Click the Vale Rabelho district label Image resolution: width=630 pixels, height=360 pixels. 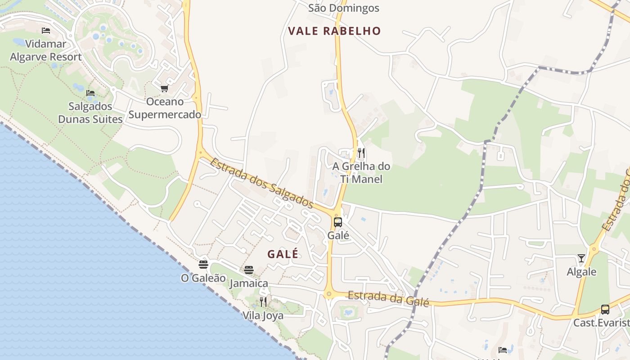334,31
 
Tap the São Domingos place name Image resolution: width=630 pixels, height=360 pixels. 344,8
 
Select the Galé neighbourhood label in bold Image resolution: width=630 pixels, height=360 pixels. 283,254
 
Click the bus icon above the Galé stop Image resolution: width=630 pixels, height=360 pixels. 338,222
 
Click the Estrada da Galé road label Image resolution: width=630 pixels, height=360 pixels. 388,299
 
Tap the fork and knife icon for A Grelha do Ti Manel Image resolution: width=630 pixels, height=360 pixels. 361,153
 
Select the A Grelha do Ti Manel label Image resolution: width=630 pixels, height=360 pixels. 361,173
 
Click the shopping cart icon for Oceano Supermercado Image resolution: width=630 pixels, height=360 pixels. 164,88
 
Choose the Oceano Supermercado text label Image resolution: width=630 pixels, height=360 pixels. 165,108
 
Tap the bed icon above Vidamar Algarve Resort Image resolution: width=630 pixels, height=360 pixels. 46,31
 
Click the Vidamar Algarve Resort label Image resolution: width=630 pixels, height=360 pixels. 46,50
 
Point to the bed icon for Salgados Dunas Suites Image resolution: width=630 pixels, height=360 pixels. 90,93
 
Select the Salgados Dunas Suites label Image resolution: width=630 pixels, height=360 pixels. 90,113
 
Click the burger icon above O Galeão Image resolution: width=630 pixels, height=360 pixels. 203,264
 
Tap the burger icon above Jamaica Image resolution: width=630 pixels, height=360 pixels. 249,270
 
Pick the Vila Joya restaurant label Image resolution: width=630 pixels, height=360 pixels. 263,315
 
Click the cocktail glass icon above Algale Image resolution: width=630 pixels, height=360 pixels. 581,258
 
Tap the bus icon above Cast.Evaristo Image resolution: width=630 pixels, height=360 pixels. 605,310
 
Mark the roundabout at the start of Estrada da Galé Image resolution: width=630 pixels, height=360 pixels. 329,295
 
